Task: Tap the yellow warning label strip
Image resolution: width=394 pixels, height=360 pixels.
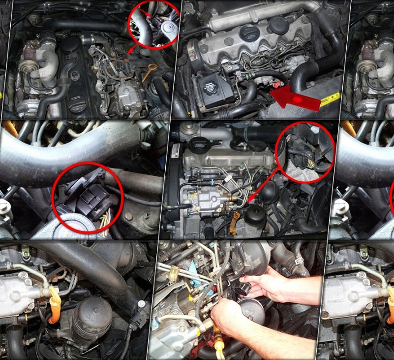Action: [x=330, y=98]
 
